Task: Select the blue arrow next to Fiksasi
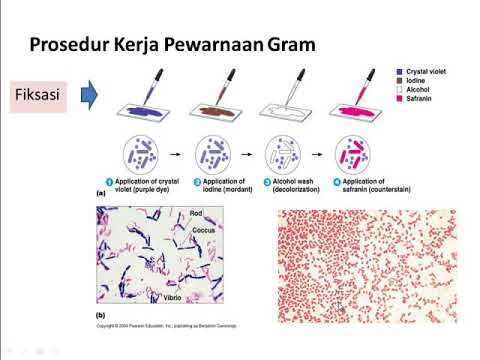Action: pyautogui.click(x=88, y=96)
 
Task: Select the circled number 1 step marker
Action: pyautogui.click(x=117, y=181)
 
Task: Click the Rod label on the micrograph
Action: pyautogui.click(x=197, y=213)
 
